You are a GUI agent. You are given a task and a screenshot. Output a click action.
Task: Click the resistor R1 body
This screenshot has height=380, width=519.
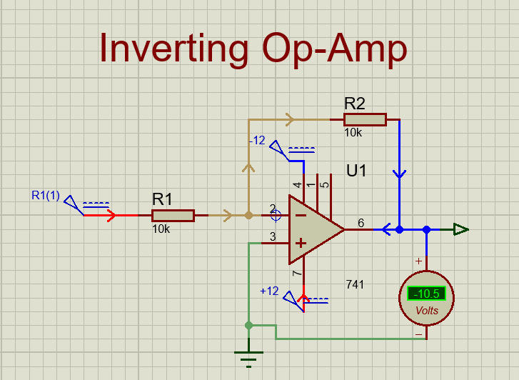[x=173, y=215]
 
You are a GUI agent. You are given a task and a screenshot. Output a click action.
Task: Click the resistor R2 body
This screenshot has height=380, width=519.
[x=365, y=119]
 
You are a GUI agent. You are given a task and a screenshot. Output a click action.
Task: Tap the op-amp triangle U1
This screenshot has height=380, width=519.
[x=312, y=229]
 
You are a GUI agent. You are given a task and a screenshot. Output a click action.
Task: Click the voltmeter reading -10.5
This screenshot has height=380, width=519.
[x=427, y=294]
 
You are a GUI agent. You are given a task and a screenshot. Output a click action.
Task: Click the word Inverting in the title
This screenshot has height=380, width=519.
[x=173, y=49]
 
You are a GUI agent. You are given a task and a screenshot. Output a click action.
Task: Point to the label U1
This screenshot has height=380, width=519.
[x=356, y=171]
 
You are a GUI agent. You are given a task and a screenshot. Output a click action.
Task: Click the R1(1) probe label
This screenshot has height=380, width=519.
[x=45, y=194]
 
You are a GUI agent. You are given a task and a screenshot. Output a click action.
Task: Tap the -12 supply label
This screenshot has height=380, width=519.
[x=257, y=141]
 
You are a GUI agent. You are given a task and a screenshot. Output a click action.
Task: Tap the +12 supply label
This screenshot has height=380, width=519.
[x=269, y=291]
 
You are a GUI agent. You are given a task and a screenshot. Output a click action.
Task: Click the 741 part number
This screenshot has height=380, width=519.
[x=354, y=284]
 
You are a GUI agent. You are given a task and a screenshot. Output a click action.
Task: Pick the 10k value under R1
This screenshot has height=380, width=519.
[x=161, y=229]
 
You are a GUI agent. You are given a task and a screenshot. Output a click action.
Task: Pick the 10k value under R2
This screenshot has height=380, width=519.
[x=353, y=133]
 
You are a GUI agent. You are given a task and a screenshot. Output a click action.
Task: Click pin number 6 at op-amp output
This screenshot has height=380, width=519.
[x=361, y=223]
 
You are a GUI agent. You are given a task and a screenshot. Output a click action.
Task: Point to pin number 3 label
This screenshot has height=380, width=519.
[x=272, y=236]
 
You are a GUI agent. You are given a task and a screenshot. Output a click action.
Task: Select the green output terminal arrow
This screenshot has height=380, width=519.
[x=461, y=229]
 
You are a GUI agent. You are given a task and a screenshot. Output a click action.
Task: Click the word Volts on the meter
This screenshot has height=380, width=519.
[x=427, y=311]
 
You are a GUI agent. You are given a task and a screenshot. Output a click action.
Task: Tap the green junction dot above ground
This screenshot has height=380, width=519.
[x=248, y=326]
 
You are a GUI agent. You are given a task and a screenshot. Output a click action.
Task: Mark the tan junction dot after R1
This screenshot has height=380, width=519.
[x=248, y=214]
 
